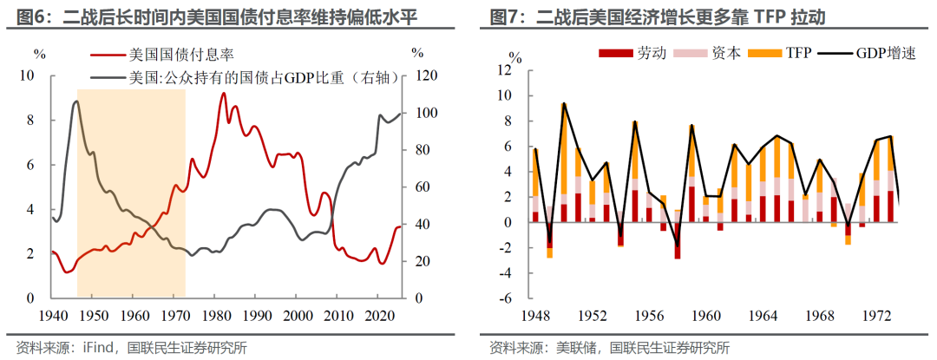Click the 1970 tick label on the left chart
pyautogui.click(x=174, y=315)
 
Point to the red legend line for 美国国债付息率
pyautogui.click(x=108, y=55)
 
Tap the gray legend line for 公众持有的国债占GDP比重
pyautogui.click(x=108, y=77)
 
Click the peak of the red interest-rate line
pyautogui.click(x=224, y=93)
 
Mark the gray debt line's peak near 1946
pyautogui.click(x=75, y=102)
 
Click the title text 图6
pyautogui.click(x=24, y=18)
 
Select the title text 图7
pyautogui.click(x=504, y=18)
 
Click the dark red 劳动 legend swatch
pyautogui.click(x=615, y=54)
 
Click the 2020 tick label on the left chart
pyautogui.click(x=377, y=315)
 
